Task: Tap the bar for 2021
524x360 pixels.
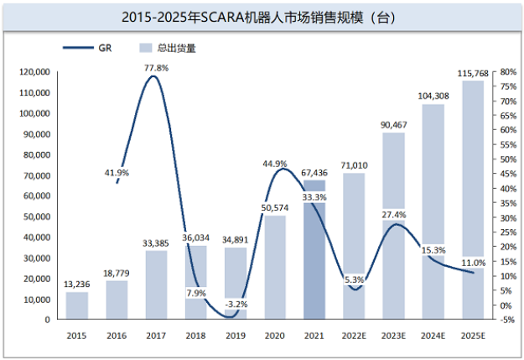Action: pyautogui.click(x=314, y=252)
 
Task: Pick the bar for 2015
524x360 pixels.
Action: pyautogui.click(x=77, y=305)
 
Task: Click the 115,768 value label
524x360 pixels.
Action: pyautogui.click(x=473, y=75)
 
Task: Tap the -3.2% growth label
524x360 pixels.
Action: pyautogui.click(x=235, y=304)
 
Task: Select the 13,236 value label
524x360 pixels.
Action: pyautogui.click(x=77, y=285)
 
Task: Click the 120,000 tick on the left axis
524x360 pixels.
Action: pyautogui.click(x=35, y=72)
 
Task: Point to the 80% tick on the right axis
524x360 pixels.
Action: pyautogui.click(x=506, y=72)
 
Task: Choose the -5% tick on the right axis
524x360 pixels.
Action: pyautogui.click(x=506, y=320)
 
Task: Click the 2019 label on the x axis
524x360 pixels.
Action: pyautogui.click(x=235, y=336)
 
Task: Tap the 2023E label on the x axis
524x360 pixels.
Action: pyautogui.click(x=394, y=336)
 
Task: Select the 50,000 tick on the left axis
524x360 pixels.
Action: pyautogui.click(x=38, y=217)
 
